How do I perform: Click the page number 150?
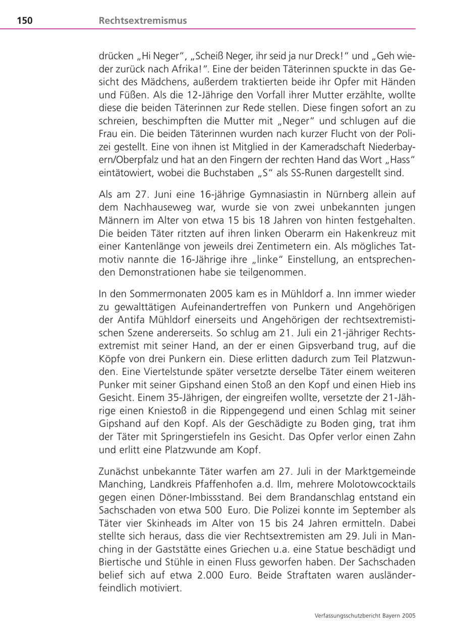point(25,21)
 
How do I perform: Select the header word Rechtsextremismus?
point(143,21)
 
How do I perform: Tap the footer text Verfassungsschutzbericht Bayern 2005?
point(364,615)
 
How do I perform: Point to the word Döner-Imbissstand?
point(193,496)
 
